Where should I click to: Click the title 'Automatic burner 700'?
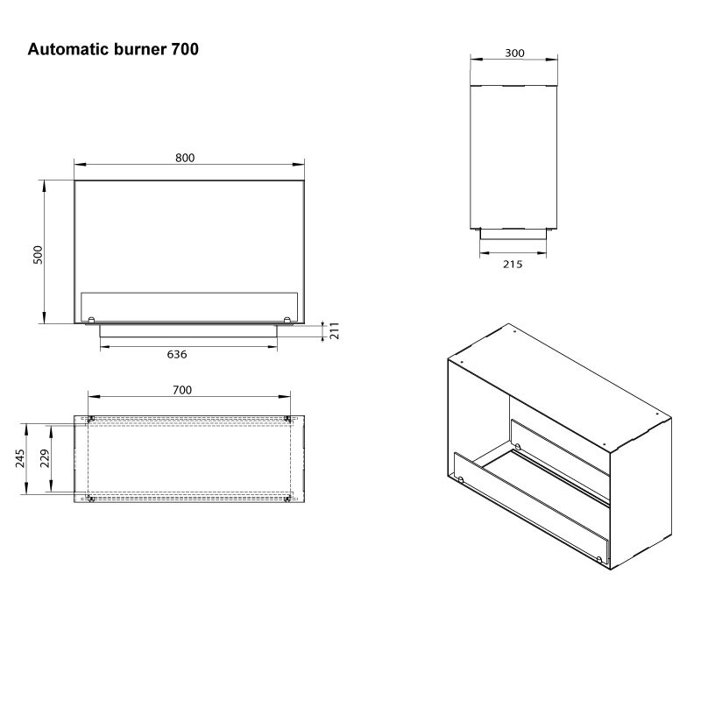tap(113, 50)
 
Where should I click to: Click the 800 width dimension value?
tap(184, 158)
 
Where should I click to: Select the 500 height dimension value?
tap(38, 253)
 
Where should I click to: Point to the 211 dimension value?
tap(334, 330)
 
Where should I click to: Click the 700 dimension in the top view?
tap(182, 390)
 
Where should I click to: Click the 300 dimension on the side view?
tap(515, 53)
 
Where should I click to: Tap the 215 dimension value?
tap(513, 264)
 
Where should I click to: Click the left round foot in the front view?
tap(91, 319)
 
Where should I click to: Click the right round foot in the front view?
tap(287, 319)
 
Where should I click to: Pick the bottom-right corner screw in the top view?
tap(288, 499)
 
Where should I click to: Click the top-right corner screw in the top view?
tap(288, 418)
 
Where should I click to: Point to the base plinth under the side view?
tap(513, 233)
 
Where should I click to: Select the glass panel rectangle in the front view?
tap(189, 306)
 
